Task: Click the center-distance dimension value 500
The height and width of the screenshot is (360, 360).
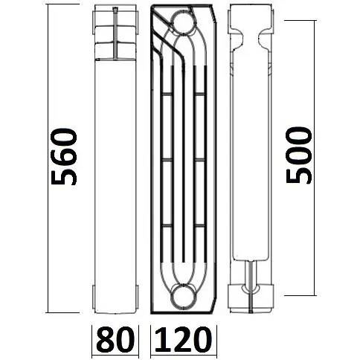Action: (x=298, y=160)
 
